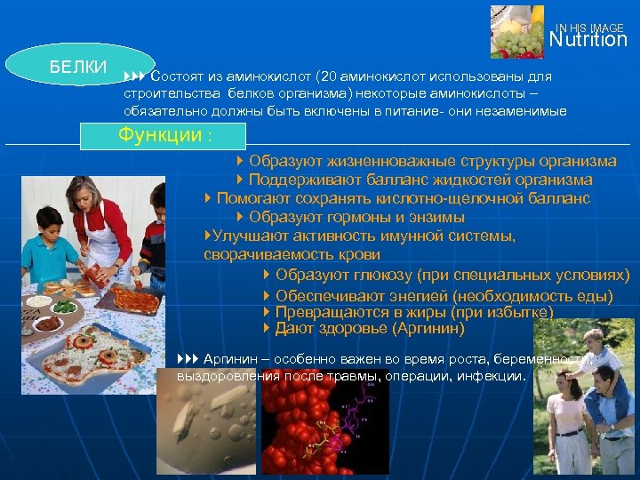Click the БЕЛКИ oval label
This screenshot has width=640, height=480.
click(x=77, y=67)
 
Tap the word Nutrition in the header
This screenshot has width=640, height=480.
click(x=588, y=40)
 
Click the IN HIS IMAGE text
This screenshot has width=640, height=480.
click(x=590, y=28)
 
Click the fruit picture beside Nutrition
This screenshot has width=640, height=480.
click(x=516, y=31)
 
